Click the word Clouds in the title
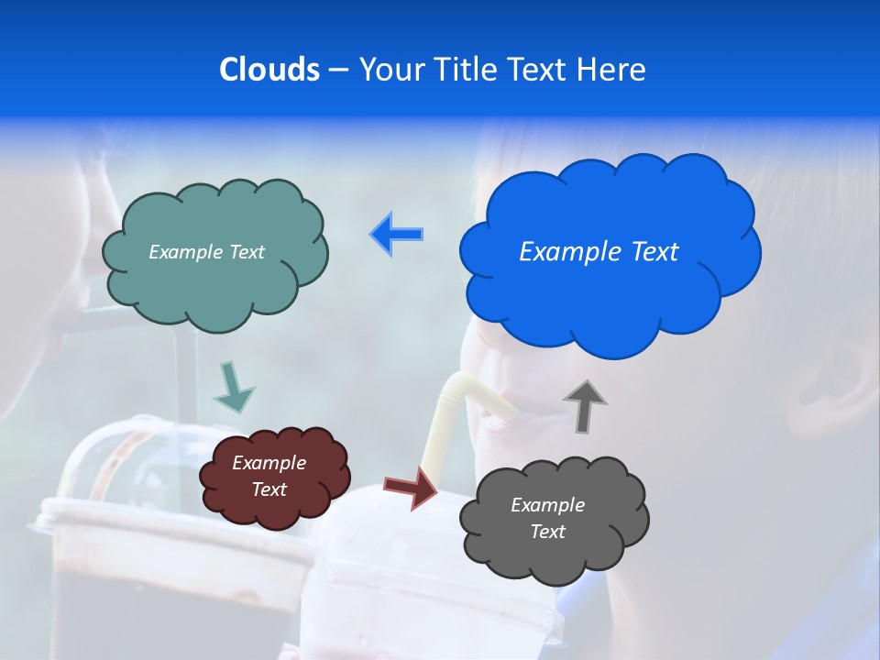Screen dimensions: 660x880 click(x=269, y=69)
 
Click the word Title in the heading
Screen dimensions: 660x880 click(x=464, y=69)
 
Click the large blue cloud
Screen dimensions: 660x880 click(x=610, y=293)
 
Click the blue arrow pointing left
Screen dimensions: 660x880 click(x=397, y=234)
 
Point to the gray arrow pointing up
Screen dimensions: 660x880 click(x=584, y=406)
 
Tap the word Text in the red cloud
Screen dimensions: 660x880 click(x=269, y=489)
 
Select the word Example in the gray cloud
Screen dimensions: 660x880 click(x=547, y=505)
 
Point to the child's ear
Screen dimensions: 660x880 click(x=839, y=385)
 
